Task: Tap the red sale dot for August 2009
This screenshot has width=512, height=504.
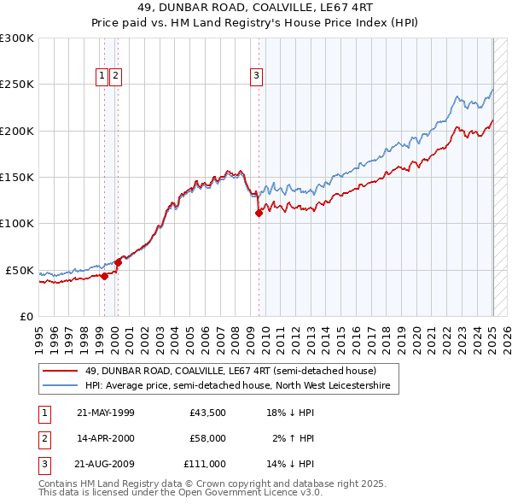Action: [x=259, y=214]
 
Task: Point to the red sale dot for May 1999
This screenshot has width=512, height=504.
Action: [x=104, y=276]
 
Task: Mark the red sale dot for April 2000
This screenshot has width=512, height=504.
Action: [x=118, y=262]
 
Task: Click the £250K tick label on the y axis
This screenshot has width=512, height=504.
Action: [x=17, y=85]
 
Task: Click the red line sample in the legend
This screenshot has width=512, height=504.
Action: [x=60, y=371]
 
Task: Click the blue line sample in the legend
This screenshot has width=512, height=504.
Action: [x=60, y=386]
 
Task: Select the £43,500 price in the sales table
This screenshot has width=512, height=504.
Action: [x=207, y=413]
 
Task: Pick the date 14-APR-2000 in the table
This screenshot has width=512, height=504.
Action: [x=106, y=438]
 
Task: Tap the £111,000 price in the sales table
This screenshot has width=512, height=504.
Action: [x=205, y=464]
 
